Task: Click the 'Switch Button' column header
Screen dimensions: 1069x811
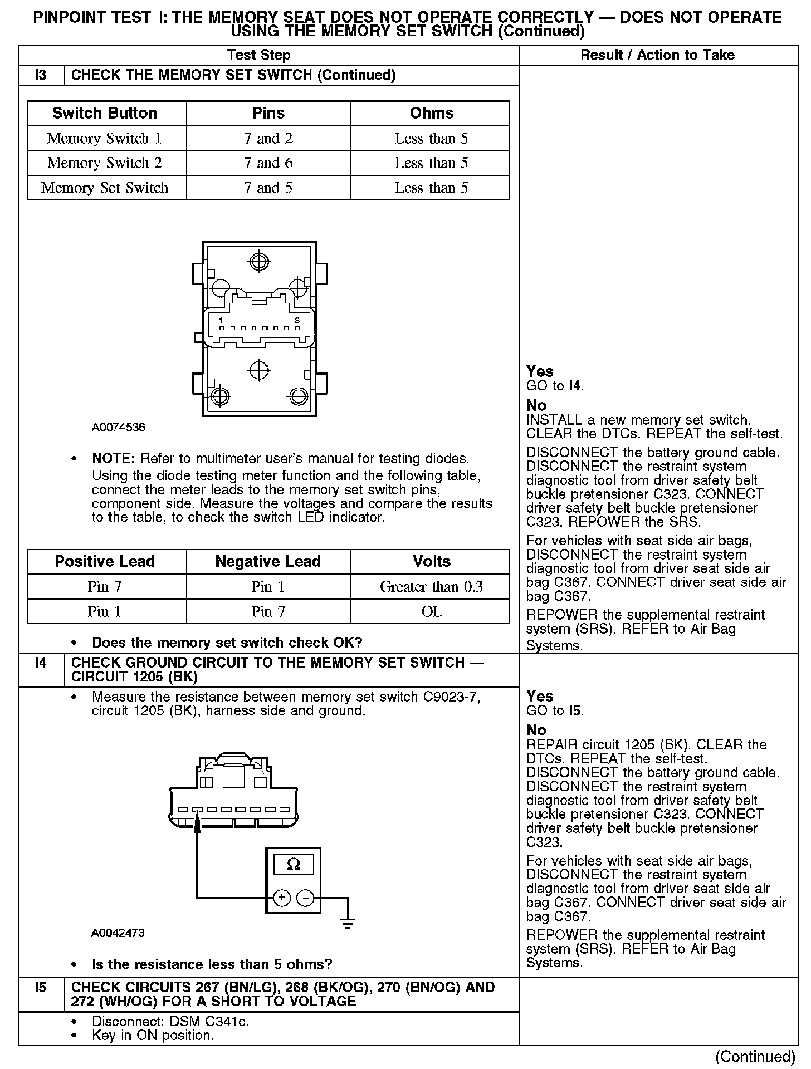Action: click(x=105, y=113)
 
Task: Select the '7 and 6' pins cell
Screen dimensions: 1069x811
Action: click(x=268, y=163)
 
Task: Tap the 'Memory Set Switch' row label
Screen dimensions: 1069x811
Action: click(x=105, y=188)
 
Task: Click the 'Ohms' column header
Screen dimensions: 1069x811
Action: click(x=431, y=113)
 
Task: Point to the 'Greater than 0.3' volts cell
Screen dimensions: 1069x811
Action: click(x=431, y=587)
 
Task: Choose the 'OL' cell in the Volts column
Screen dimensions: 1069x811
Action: click(x=431, y=612)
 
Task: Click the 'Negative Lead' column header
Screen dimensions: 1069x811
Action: click(x=268, y=561)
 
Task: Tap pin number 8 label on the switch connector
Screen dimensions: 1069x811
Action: click(x=297, y=320)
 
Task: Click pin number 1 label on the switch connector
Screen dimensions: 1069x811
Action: click(x=221, y=320)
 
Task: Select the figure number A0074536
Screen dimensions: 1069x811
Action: click(x=119, y=428)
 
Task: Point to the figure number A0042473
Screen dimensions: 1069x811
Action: click(x=118, y=933)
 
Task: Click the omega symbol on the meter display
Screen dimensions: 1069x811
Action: click(x=293, y=864)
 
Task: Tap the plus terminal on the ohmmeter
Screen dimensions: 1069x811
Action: click(x=282, y=898)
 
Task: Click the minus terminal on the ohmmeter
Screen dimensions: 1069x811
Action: click(x=305, y=898)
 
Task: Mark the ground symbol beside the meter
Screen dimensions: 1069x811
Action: click(x=348, y=924)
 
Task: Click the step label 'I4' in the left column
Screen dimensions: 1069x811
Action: click(x=41, y=663)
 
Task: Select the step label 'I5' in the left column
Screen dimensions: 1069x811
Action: click(x=41, y=987)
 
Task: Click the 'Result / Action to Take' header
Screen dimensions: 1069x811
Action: click(x=657, y=55)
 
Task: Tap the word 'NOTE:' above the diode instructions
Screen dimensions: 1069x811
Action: click(x=114, y=459)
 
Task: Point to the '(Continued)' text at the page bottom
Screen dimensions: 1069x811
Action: click(x=755, y=1056)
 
